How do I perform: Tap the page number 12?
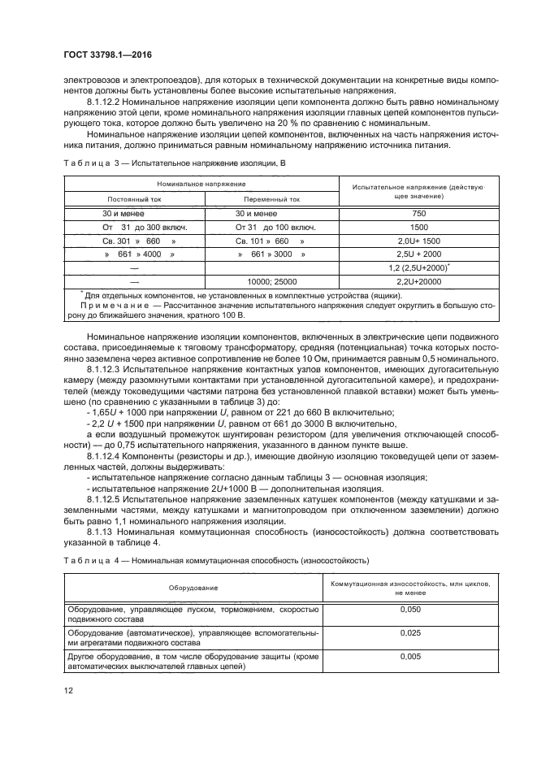click(x=68, y=690)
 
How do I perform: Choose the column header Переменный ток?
click(x=271, y=198)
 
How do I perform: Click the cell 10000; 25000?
click(x=271, y=280)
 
